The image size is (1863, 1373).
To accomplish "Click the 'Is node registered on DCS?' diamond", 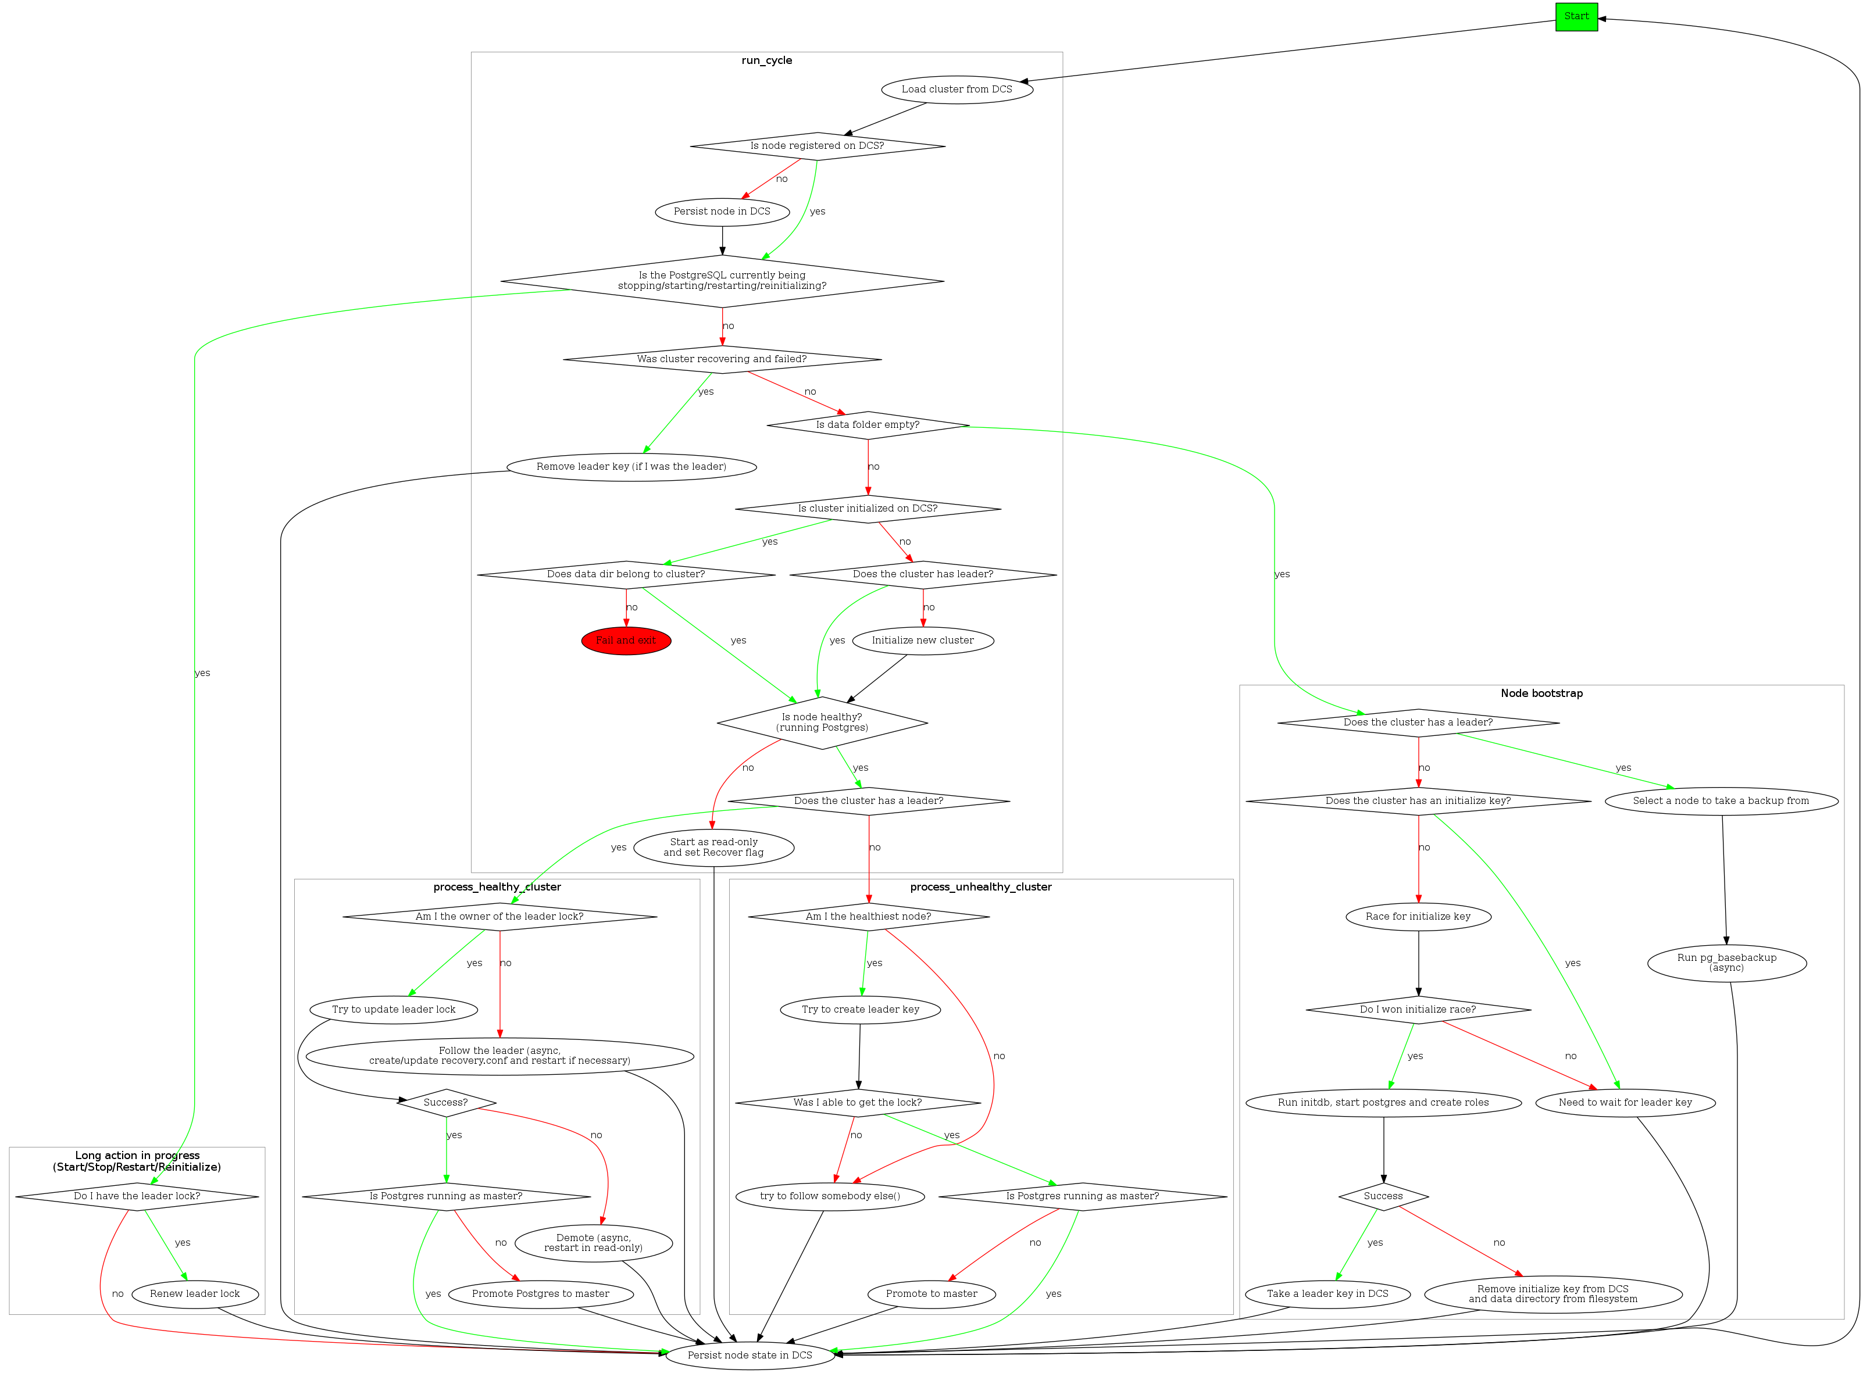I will (x=816, y=146).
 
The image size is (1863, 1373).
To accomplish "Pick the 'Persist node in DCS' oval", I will (x=722, y=212).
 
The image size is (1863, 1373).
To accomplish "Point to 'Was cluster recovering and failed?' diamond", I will (x=722, y=360).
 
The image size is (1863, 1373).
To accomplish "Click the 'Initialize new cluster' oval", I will (x=922, y=641).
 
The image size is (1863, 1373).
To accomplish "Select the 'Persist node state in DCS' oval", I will (x=749, y=1356).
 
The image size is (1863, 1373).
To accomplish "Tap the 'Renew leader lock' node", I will (x=195, y=1294).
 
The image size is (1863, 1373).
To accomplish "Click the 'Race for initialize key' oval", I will (x=1418, y=917).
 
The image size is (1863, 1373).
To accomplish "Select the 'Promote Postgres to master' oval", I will (x=540, y=1294).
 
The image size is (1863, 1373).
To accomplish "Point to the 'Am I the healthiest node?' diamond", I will (x=868, y=917).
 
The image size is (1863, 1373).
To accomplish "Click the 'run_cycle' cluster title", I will (x=766, y=60).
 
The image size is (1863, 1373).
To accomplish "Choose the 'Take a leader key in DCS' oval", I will (x=1327, y=1294).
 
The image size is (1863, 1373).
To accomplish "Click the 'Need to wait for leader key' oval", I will (x=1625, y=1103).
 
